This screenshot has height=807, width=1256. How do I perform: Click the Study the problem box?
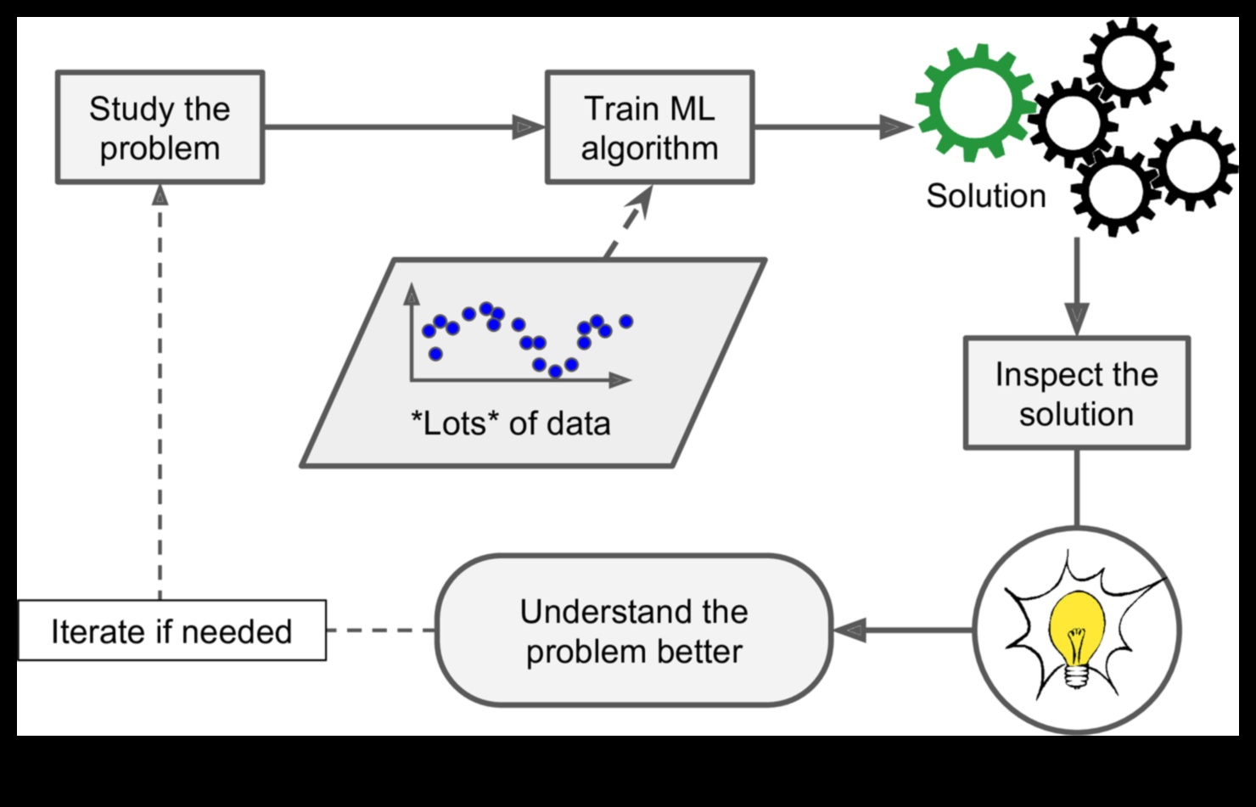[160, 127]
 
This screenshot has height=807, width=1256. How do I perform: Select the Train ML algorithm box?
[649, 127]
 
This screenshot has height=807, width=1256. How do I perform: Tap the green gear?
[974, 102]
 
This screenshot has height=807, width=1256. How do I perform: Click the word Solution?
[985, 196]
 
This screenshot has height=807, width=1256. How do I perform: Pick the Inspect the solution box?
[1076, 394]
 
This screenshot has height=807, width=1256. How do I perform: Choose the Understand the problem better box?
[633, 631]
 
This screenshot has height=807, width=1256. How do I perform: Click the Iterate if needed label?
[171, 631]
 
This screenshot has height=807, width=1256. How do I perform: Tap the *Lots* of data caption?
[510, 423]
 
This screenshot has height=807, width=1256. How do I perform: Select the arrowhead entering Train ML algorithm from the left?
[528, 127]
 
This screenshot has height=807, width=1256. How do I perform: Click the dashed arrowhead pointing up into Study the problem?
[160, 195]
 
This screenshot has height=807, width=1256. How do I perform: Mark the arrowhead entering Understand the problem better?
[849, 630]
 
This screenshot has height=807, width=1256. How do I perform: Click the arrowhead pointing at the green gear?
[894, 127]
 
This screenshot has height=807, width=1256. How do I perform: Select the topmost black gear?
[1128, 61]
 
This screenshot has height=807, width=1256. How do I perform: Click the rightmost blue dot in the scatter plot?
[626, 322]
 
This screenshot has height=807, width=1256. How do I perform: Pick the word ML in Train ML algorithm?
[692, 109]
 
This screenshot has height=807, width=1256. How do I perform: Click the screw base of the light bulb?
[1077, 675]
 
